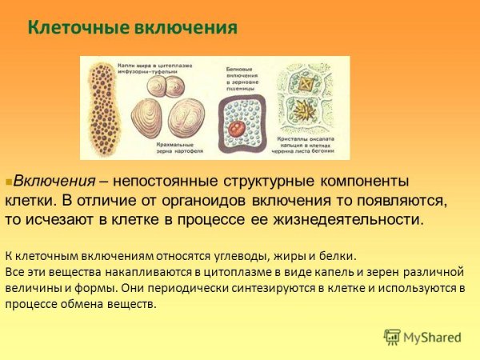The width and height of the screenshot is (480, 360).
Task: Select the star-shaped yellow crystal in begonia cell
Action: tap(305, 108)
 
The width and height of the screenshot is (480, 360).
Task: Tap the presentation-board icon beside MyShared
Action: tap(392, 337)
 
